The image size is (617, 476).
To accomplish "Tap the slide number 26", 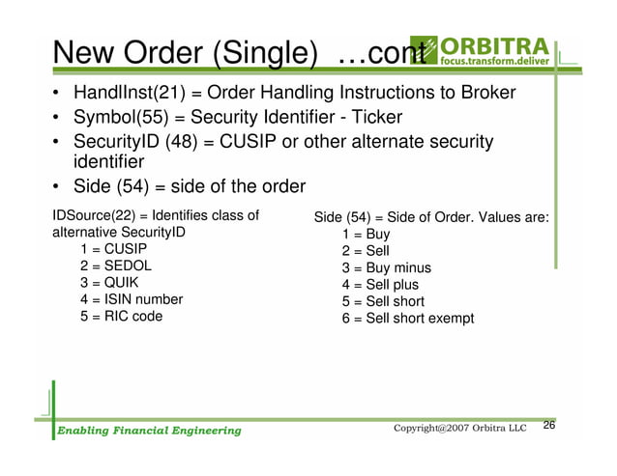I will point(549,426).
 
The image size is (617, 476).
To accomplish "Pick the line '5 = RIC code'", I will point(122,316).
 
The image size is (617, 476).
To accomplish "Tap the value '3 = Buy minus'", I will point(386,267).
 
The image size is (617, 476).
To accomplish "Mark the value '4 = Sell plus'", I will point(380,285).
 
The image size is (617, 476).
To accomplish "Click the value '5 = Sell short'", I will point(383,301).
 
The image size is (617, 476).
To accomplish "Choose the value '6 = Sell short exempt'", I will point(407,318).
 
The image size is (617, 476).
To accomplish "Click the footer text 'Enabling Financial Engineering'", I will point(147,430).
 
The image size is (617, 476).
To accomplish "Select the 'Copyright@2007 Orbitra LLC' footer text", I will point(460,428).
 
